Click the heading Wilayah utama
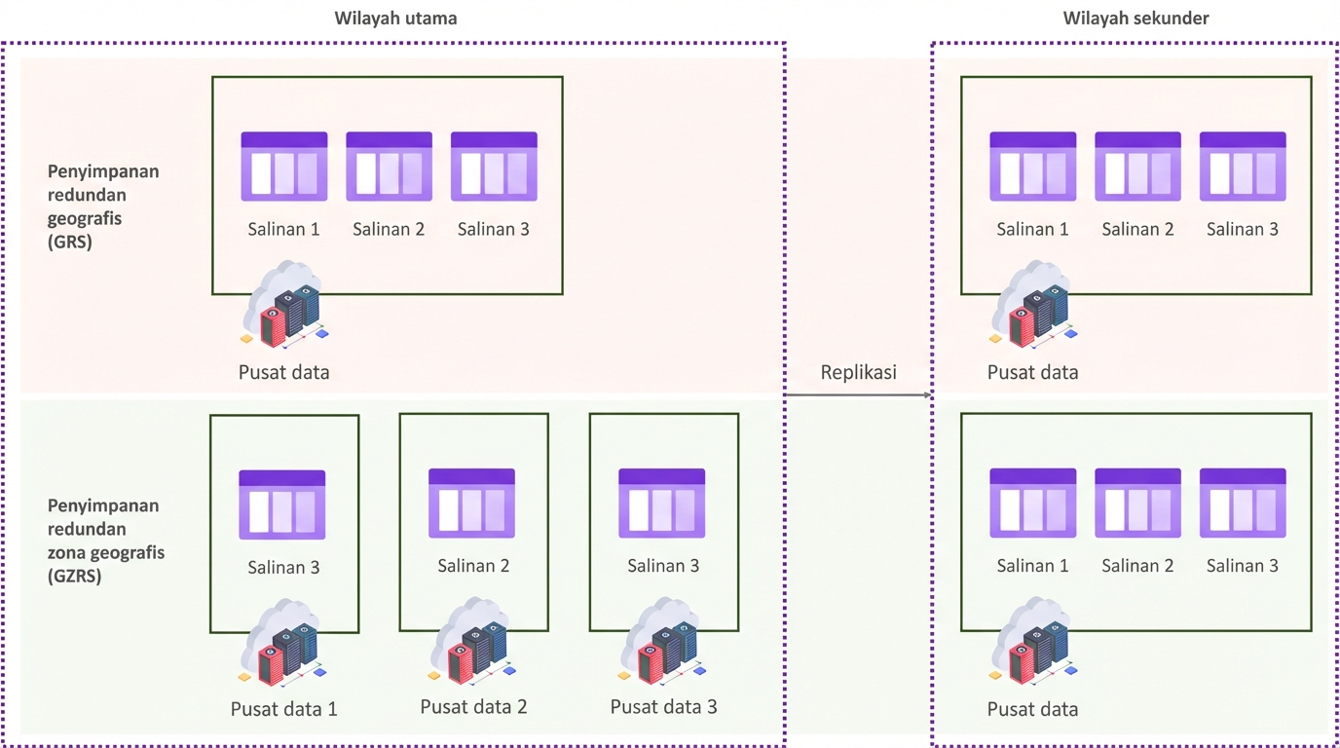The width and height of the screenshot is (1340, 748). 395,19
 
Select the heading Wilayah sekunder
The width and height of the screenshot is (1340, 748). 1135,19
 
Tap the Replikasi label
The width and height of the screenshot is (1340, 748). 858,372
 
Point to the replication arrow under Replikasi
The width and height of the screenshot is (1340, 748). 858,395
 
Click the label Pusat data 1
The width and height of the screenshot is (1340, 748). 283,709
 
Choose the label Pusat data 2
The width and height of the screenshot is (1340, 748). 473,707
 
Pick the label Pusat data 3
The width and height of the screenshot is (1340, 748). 663,707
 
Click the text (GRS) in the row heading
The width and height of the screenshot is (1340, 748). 70,243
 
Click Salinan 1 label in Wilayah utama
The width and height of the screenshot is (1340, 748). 283,230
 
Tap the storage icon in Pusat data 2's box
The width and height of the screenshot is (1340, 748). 472,504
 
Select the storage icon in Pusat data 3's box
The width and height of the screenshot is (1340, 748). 662,504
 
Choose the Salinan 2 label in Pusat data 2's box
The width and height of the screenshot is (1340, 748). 473,566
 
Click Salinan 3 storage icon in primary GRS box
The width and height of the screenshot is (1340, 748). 494,167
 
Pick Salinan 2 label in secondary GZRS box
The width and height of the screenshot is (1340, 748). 1137,566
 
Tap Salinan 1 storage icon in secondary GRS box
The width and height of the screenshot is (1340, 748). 1032,167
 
